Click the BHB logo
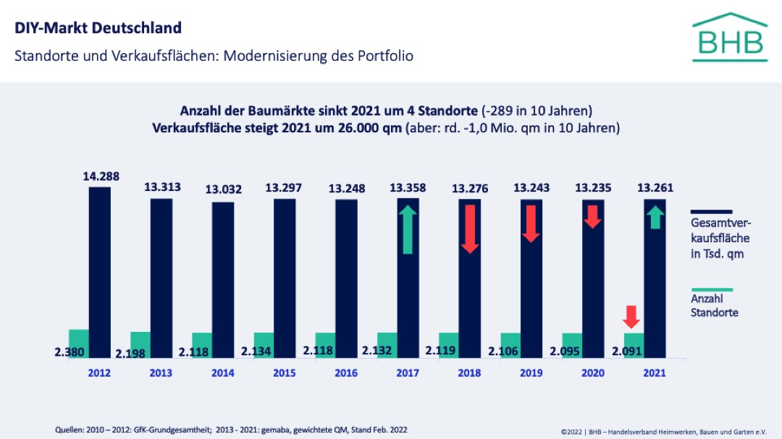point(728,37)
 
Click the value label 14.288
point(101,176)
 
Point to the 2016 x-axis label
point(346,373)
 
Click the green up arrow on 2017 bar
point(408,229)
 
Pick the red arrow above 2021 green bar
point(631,317)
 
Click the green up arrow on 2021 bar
point(655,217)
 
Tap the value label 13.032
point(224,190)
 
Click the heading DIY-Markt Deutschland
point(98,28)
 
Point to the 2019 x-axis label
point(531,373)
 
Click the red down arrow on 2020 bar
point(592,216)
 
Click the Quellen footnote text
point(231,430)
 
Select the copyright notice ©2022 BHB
point(663,430)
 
